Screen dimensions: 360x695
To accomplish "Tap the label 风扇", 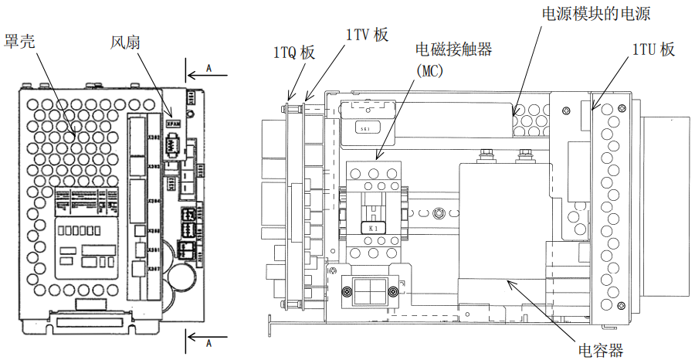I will coord(125,40).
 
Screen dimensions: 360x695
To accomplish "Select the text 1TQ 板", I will coord(294,53).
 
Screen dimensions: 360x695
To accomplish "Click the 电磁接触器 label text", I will coord(453,49).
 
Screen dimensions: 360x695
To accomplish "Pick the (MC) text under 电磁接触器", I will coord(433,70).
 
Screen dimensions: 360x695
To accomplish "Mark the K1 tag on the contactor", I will coord(372,228).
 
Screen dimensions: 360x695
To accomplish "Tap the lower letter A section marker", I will coord(208,341).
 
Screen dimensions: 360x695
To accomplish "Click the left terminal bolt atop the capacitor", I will coord(487,155).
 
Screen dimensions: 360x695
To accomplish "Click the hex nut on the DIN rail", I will coord(437,212).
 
